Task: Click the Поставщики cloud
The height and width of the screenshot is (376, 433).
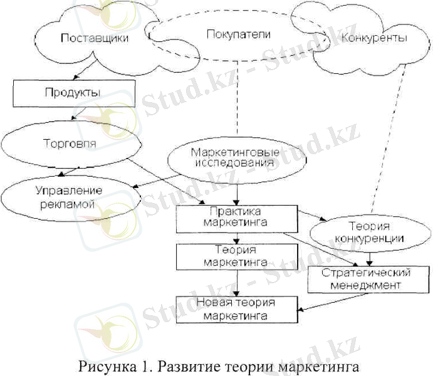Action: (x=94, y=39)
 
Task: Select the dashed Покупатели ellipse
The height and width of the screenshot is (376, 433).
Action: (x=238, y=35)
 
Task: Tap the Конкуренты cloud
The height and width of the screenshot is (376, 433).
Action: (x=373, y=39)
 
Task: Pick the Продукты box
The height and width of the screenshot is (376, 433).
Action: (x=73, y=93)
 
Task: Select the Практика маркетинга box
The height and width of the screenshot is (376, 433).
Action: (x=236, y=216)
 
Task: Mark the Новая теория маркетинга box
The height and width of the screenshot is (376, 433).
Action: (x=236, y=309)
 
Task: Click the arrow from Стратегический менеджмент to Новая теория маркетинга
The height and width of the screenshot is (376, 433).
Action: (x=303, y=303)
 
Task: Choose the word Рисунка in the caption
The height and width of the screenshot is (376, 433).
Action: (x=103, y=363)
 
